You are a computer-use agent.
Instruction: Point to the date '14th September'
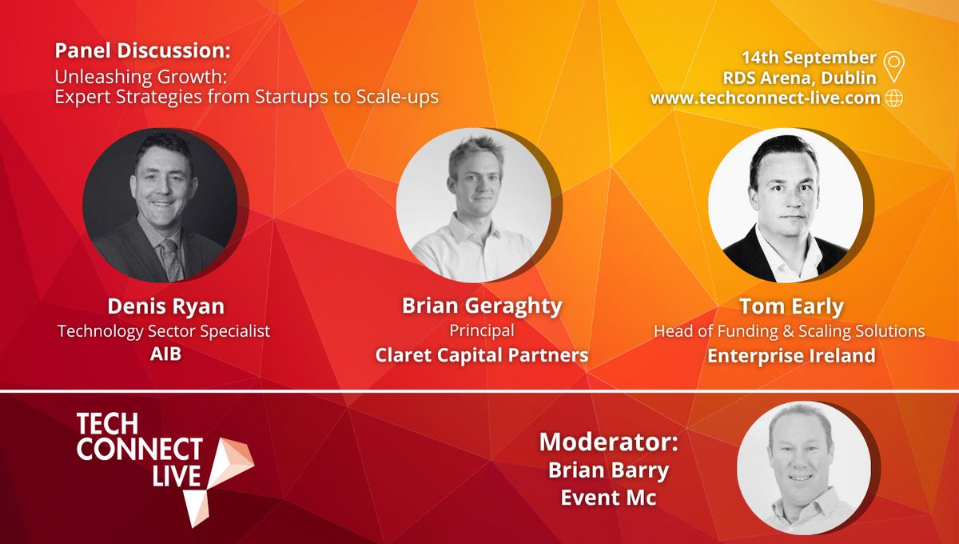click(809, 58)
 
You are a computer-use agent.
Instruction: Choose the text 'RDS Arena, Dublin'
click(807, 78)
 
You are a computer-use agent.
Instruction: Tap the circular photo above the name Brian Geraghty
click(474, 206)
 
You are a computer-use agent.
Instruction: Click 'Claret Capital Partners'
click(481, 354)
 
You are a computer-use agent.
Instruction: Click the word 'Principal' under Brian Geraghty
click(481, 330)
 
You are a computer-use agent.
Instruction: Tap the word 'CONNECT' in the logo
click(140, 450)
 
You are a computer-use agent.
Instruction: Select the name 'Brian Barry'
click(608, 470)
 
